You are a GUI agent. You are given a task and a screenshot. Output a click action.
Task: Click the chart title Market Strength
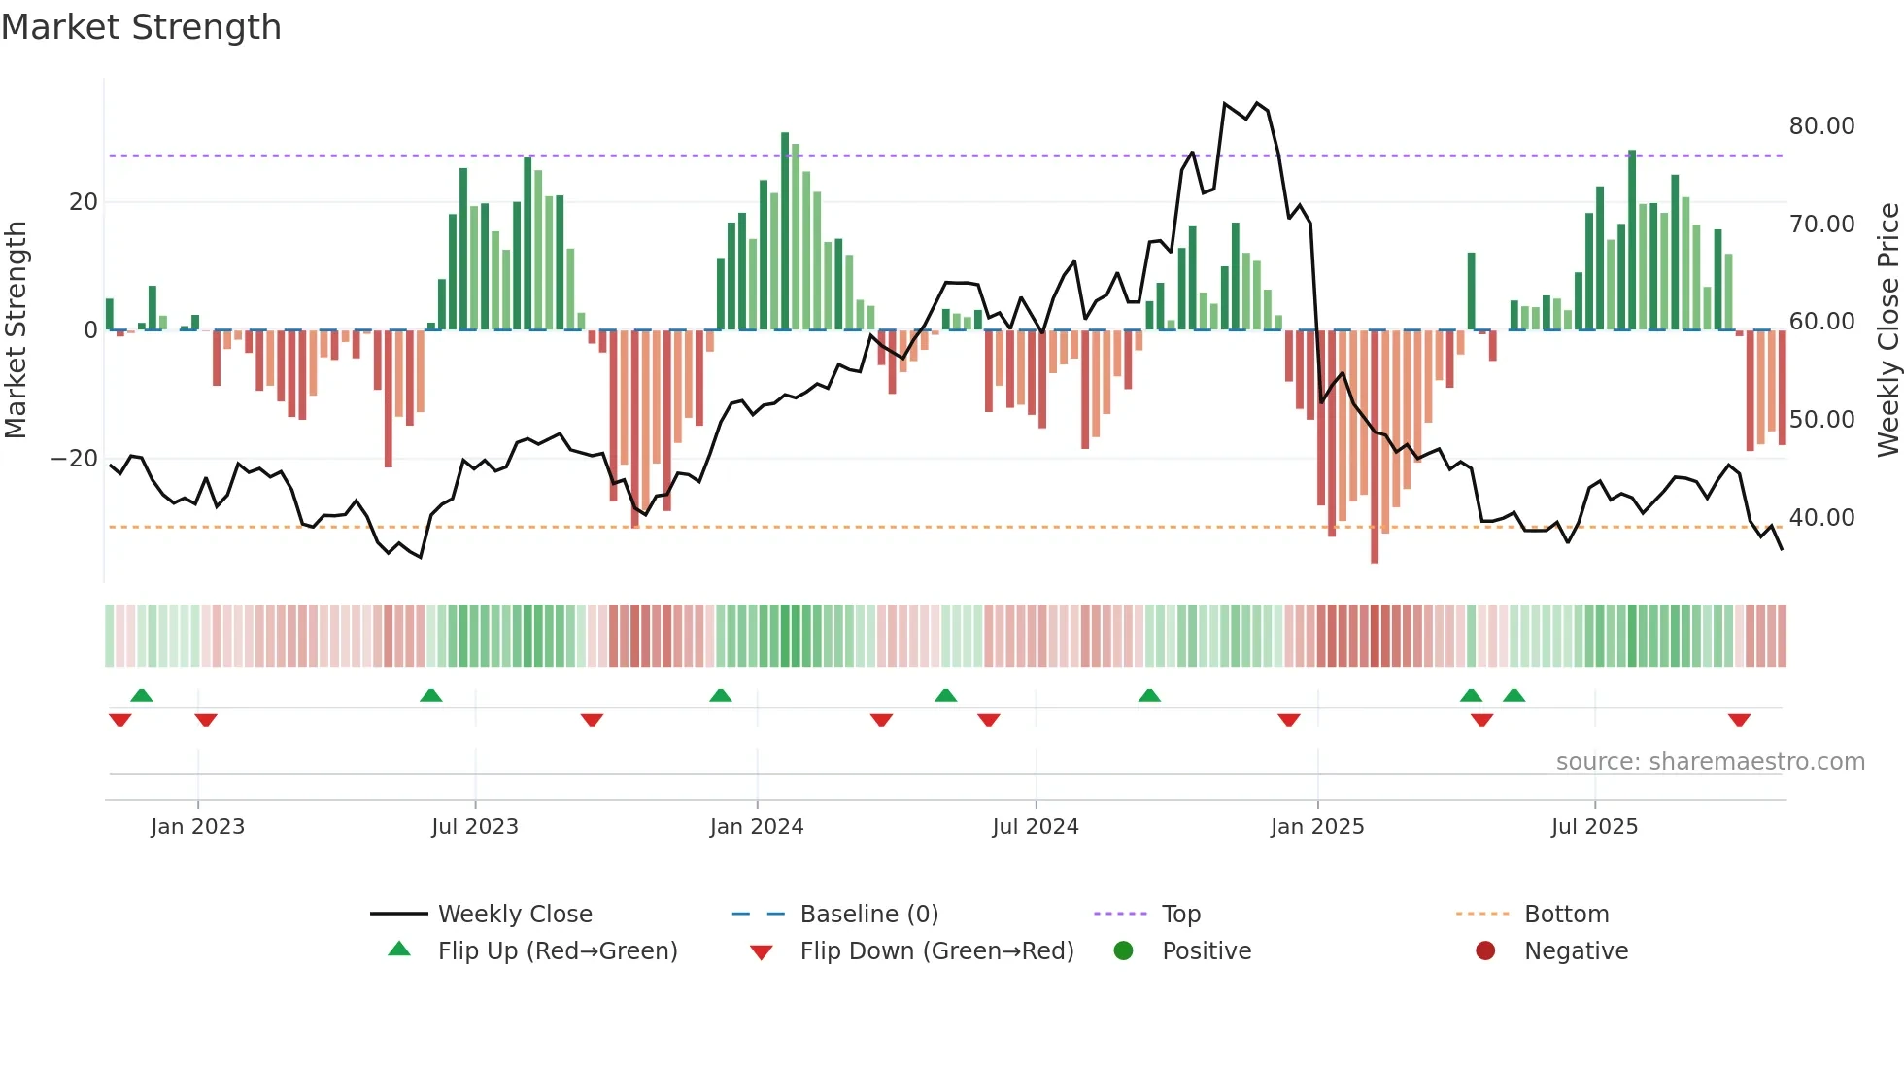[141, 27]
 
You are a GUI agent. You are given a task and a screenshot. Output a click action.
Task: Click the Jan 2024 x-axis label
[757, 827]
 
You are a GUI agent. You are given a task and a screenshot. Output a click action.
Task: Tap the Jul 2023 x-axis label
[475, 827]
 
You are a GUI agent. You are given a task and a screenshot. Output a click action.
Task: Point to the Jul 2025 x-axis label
[1594, 827]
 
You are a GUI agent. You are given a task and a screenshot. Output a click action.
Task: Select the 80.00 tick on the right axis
[1821, 126]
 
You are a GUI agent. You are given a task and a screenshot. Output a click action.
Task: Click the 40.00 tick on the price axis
[1821, 518]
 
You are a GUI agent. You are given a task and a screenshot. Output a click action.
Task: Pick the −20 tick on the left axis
[75, 459]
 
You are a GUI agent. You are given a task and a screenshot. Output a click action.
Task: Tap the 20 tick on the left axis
[84, 202]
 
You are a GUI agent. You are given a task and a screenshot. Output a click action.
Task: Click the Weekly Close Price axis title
[1887, 330]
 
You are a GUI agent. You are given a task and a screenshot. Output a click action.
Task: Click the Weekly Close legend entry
[514, 915]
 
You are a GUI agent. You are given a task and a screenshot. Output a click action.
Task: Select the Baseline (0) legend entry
[868, 915]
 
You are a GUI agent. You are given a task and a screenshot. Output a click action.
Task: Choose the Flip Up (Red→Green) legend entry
[557, 951]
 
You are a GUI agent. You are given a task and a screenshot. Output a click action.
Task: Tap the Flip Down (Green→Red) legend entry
[936, 951]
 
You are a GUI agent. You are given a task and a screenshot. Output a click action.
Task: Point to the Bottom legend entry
[1566, 915]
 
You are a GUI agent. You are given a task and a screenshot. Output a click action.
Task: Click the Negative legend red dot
[1485, 951]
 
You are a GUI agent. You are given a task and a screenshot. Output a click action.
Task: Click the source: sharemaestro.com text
[1710, 762]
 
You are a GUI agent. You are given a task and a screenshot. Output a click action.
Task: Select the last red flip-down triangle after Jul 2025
[1739, 720]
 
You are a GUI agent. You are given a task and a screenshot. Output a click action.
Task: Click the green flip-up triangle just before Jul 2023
[431, 695]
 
